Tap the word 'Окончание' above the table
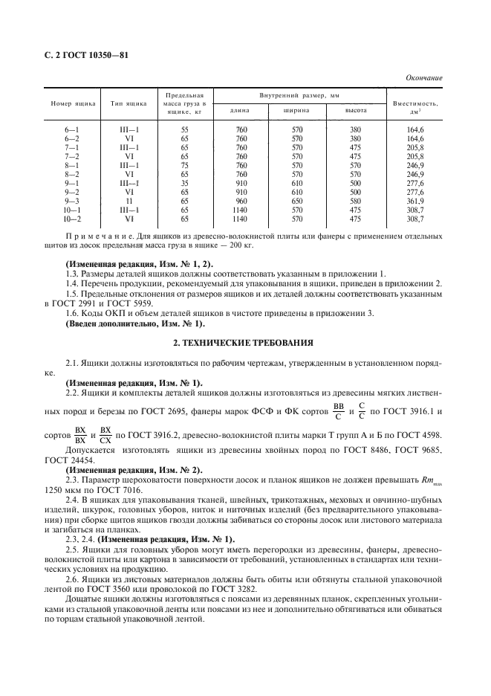[423, 77]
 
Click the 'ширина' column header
[296, 111]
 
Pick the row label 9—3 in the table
[72, 201]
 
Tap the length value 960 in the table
[240, 201]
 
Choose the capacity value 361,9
[415, 201]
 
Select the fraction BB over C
[339, 411]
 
